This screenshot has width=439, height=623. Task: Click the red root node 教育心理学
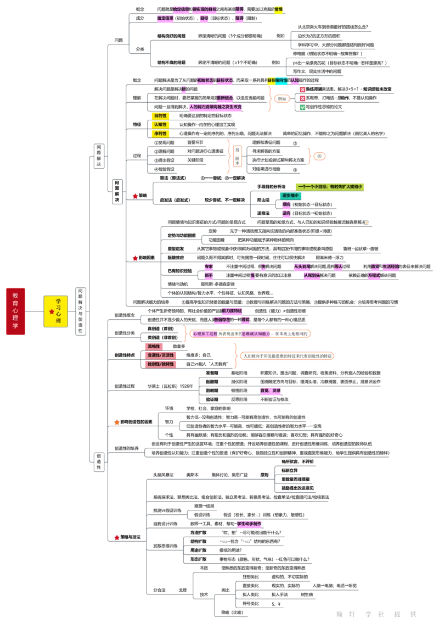coord(15,311)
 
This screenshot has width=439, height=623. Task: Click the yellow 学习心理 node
coord(56,311)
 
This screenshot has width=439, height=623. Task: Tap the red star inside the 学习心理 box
coord(52,311)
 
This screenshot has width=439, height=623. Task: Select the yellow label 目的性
coord(160,116)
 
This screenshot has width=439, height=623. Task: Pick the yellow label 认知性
coord(160,125)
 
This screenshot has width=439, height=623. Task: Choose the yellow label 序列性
coord(160,133)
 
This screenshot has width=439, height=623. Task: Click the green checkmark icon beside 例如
coord(302,108)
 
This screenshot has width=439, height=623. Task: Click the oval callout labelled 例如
coord(282,99)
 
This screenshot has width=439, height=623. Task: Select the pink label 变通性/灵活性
coord(160,355)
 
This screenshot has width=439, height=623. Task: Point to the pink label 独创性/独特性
coord(160,364)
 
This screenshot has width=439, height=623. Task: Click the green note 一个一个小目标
coord(329,187)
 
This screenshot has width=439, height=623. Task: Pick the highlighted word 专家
coord(209,266)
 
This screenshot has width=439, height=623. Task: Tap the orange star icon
coord(117,422)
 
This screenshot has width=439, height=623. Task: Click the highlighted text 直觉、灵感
coord(270,391)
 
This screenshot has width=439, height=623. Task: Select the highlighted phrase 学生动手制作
coord(250,524)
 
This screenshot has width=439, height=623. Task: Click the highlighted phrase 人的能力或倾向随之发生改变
coord(215,107)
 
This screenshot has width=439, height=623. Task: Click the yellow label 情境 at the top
coord(279,9)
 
